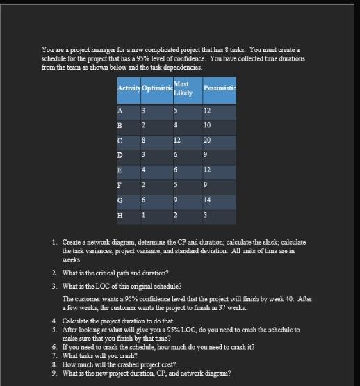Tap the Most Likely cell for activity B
[x=177, y=127]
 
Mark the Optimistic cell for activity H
[x=144, y=214]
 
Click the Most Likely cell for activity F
[x=177, y=185]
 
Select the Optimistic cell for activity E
[x=144, y=170]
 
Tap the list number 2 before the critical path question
[x=54, y=274]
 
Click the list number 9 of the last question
[x=54, y=373]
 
